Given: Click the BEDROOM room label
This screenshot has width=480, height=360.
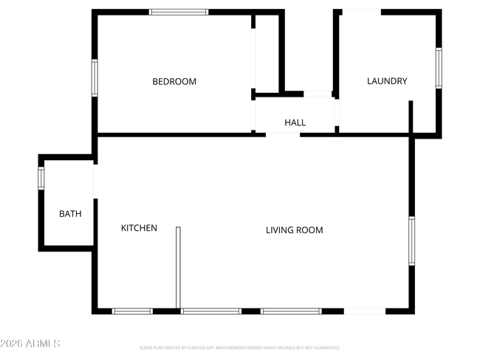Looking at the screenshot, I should [x=174, y=82].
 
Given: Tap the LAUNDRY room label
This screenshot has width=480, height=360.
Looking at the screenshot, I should [x=387, y=81].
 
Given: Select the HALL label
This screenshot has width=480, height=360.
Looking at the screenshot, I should [x=295, y=122].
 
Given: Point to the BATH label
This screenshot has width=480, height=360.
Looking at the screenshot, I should [x=70, y=214].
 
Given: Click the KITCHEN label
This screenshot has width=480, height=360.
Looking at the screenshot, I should [x=139, y=228].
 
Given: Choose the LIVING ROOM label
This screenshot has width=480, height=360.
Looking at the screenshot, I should [x=295, y=230].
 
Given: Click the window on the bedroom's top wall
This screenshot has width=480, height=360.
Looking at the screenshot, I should [x=179, y=12].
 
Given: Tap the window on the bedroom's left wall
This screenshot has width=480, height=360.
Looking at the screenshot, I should [x=95, y=77].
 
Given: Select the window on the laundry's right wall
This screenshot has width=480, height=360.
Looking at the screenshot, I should [x=438, y=69].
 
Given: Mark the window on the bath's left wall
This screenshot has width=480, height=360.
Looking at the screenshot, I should [x=41, y=178].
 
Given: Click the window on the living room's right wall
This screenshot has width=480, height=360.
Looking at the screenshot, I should [x=412, y=240].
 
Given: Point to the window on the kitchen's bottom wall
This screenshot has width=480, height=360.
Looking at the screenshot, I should [x=132, y=311].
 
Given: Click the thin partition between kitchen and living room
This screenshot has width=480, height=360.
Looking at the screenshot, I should [x=178, y=267].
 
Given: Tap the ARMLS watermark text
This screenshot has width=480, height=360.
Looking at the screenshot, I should [x=30, y=344].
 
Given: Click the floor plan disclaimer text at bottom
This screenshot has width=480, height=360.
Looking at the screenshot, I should [x=239, y=347].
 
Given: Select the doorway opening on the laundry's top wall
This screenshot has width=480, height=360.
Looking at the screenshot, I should [x=361, y=11].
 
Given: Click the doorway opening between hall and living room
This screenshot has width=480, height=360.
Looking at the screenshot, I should [x=283, y=134].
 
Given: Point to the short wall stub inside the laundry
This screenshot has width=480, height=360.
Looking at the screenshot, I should [x=411, y=117].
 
